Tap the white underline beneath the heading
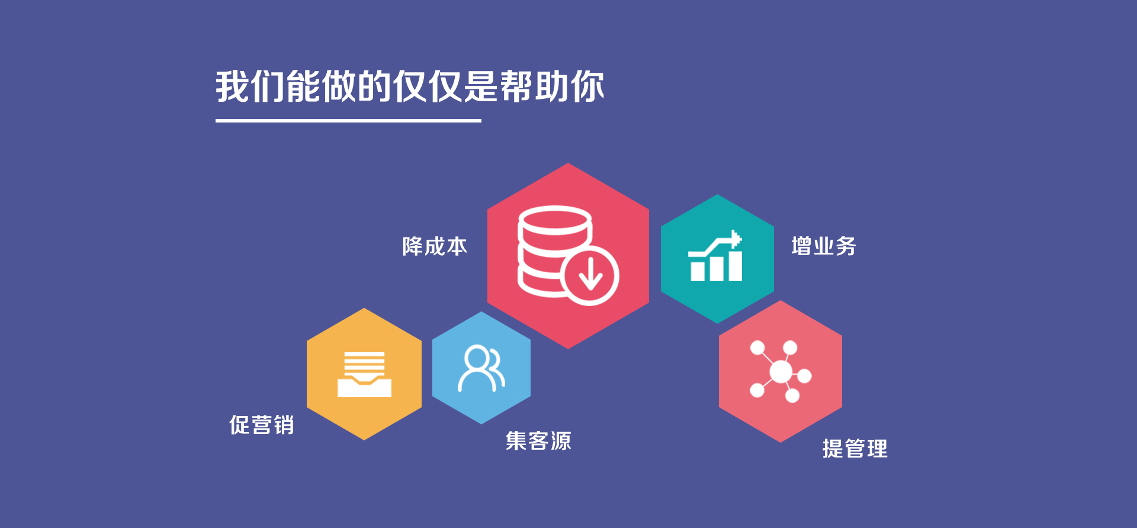click(348, 121)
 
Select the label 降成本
click(435, 247)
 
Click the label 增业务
click(824, 246)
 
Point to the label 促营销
click(261, 425)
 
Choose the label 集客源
click(538, 441)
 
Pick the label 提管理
click(855, 449)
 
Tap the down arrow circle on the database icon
click(590, 276)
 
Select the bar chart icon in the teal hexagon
click(716, 257)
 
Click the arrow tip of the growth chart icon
click(736, 239)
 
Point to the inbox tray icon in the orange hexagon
click(364, 374)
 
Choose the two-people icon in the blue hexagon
click(481, 369)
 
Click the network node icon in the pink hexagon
click(781, 371)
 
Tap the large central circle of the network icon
click(781, 372)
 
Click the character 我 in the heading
click(232, 86)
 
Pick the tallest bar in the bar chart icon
click(735, 266)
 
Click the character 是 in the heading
click(480, 86)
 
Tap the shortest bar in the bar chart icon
click(698, 271)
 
